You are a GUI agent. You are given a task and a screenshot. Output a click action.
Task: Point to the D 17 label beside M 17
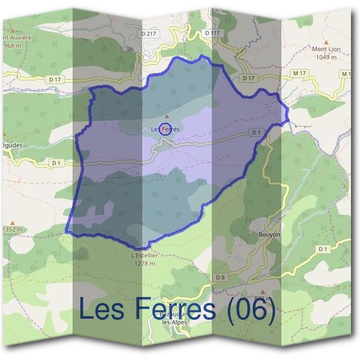(248, 79)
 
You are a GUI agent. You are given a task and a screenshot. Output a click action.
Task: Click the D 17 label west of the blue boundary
(55, 79)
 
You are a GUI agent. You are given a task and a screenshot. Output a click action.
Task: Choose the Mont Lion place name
(325, 49)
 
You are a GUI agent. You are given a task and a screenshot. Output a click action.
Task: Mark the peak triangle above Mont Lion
(325, 41)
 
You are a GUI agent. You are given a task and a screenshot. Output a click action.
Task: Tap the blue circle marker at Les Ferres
(167, 128)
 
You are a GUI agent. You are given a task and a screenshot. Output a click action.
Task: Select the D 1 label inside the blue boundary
(256, 132)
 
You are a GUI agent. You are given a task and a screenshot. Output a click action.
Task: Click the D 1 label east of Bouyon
(323, 248)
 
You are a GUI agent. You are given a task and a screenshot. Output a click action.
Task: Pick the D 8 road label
(220, 277)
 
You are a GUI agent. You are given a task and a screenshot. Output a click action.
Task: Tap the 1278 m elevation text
(144, 263)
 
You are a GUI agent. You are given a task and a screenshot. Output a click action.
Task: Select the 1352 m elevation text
(12, 229)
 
